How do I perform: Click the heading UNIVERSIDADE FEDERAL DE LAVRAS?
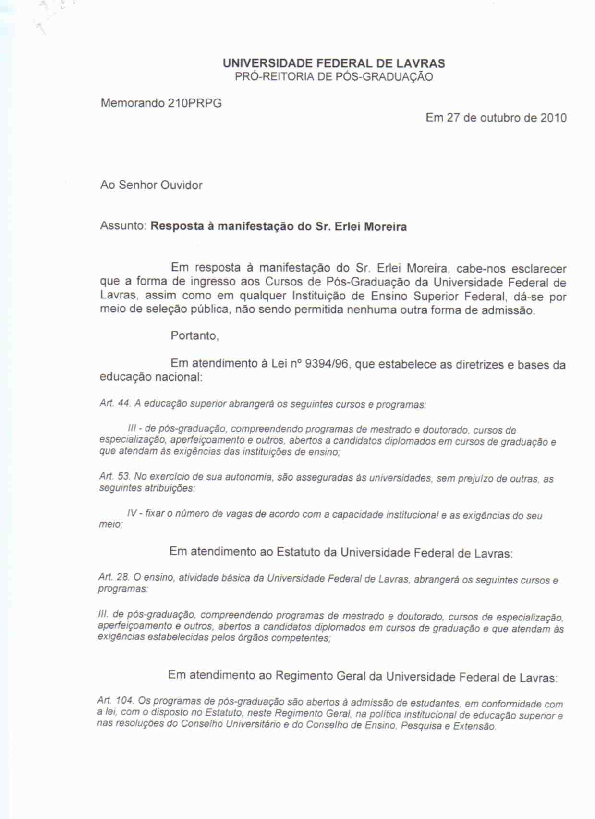point(334,63)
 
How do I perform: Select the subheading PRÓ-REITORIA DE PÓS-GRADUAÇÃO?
point(334,77)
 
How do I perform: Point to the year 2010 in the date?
point(553,118)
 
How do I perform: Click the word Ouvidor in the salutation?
point(181,186)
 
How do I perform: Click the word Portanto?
point(194,336)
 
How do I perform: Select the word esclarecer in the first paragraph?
point(538,269)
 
